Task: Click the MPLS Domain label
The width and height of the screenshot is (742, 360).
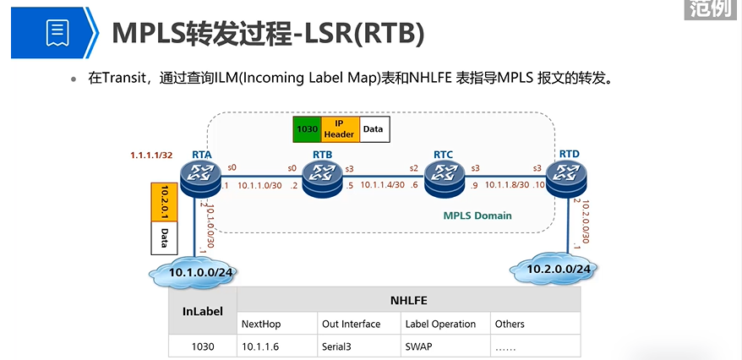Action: [477, 215]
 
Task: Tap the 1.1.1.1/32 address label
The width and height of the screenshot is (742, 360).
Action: [150, 155]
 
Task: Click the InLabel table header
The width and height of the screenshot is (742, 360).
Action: [203, 311]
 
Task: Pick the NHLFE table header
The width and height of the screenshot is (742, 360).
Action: [408, 299]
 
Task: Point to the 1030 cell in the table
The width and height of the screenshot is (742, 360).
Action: [203, 346]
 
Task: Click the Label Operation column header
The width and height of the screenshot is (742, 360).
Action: [439, 324]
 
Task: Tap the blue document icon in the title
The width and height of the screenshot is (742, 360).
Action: [57, 31]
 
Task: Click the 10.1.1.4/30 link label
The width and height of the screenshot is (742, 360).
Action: [383, 184]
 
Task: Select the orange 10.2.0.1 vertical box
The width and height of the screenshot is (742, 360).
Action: [162, 204]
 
